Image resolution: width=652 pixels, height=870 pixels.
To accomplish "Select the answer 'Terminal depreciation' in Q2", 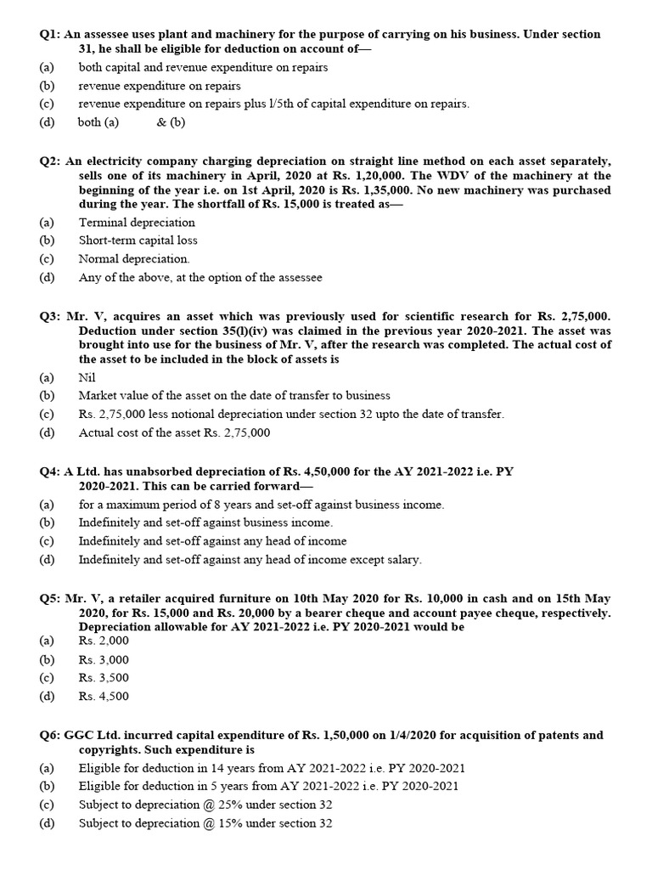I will click(136, 223).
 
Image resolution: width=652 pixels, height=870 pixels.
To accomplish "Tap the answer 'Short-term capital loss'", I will click(138, 240).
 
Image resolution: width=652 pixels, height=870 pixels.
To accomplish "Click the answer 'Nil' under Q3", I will click(87, 377).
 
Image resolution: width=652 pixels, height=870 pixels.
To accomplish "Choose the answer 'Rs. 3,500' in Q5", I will click(104, 678).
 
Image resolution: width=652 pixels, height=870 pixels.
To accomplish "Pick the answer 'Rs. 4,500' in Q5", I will click(104, 696).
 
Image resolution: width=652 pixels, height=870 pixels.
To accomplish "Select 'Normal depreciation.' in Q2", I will click(134, 258).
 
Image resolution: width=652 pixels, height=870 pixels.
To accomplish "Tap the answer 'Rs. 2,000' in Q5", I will click(104, 641).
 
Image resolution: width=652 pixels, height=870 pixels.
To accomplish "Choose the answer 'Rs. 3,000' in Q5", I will click(104, 659).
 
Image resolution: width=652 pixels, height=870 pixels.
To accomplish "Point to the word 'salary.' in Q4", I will click(402, 559).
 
